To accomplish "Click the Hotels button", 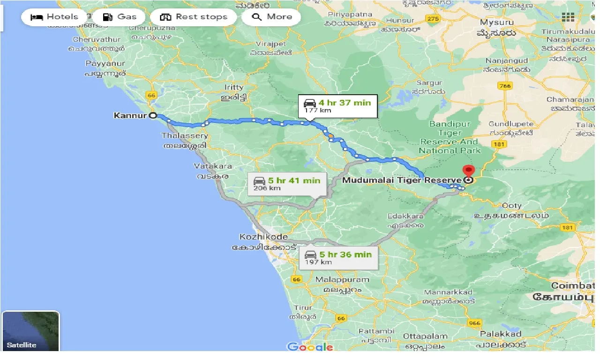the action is click(54, 17).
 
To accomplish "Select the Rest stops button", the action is click(193, 17).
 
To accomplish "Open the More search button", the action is click(271, 17).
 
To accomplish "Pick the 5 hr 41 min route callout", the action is click(287, 184).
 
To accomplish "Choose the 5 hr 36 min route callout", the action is click(338, 258).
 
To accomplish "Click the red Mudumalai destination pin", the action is click(468, 171).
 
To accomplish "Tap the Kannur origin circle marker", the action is click(153, 115).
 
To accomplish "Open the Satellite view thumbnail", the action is click(31, 331).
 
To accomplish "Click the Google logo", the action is click(310, 347).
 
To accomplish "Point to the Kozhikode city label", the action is click(263, 237).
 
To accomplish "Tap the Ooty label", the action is click(511, 205).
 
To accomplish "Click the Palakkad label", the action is click(500, 334).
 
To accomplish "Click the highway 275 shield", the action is click(433, 18).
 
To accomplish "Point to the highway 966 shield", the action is click(474, 323).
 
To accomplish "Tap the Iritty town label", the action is click(234, 87).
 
